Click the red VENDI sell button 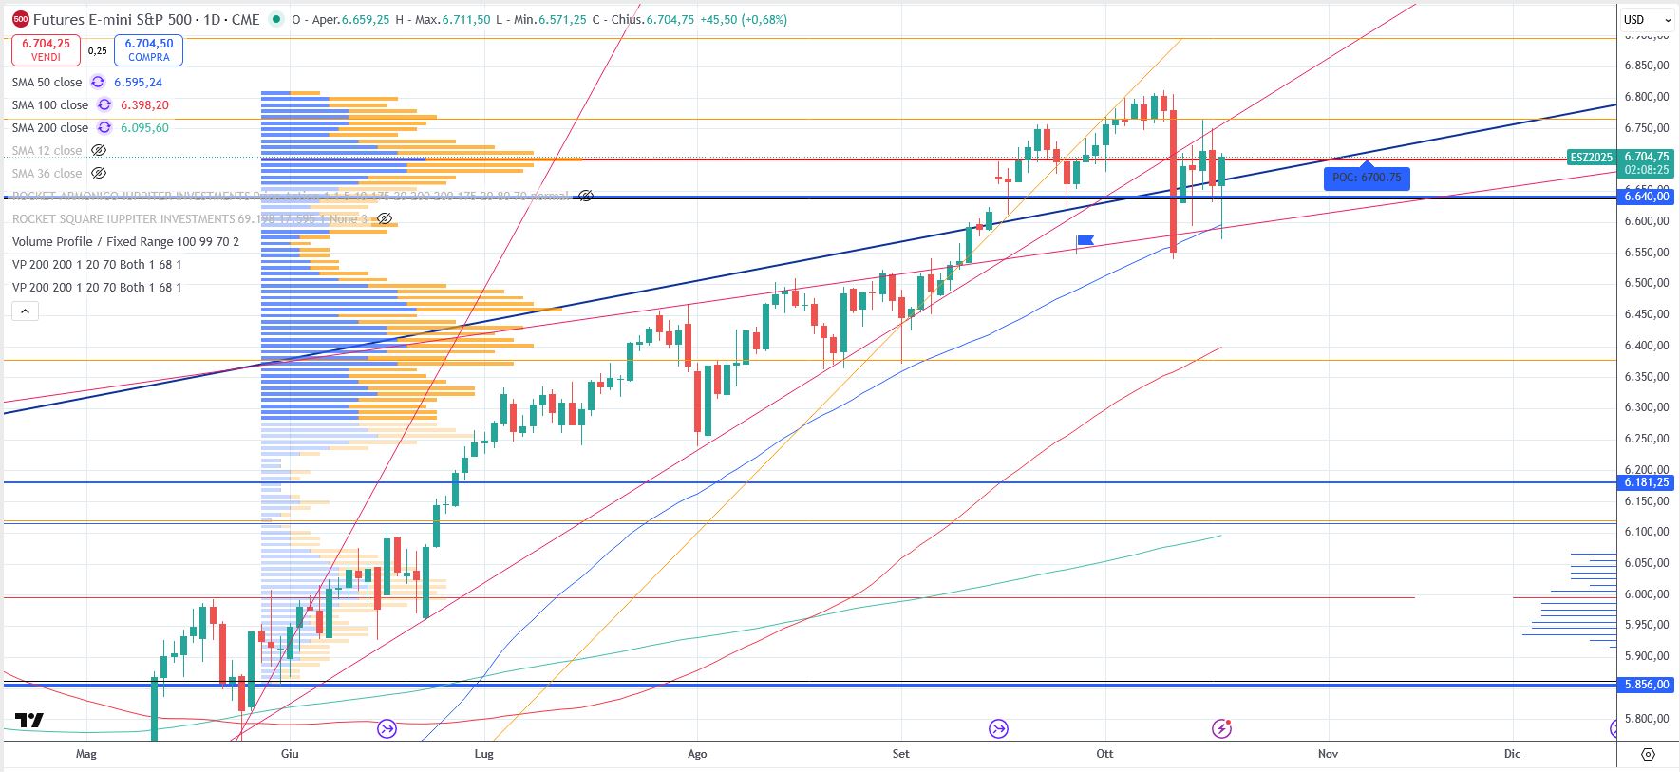click(x=46, y=49)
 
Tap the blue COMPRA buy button click(x=149, y=49)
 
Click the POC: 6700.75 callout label click(x=1367, y=178)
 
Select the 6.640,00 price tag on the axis click(x=1646, y=197)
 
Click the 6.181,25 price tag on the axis click(x=1646, y=482)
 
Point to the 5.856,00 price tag click(x=1646, y=685)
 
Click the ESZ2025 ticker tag click(x=1592, y=158)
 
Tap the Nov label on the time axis click(x=1328, y=754)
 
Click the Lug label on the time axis click(x=483, y=754)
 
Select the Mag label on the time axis click(x=85, y=754)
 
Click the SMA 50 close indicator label click(x=47, y=83)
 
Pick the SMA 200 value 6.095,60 click(x=144, y=128)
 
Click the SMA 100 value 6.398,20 click(x=144, y=105)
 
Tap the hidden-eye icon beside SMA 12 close click(x=98, y=151)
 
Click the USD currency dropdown click(x=1647, y=19)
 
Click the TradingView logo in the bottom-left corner click(x=29, y=721)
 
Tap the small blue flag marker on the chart click(x=1085, y=240)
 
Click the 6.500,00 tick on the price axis click(x=1646, y=283)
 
